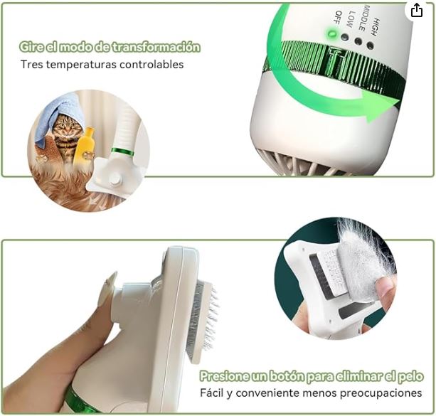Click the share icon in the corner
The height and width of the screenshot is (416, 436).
pos(417,10)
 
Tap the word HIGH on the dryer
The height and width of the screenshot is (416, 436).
pos(376,27)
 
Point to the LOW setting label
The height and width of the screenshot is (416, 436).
pos(351,19)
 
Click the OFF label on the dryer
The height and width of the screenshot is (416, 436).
pos(339,18)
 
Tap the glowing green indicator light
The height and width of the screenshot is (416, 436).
pos(331,34)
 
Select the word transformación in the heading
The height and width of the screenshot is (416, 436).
pos(156,47)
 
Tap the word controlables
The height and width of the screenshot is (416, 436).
pos(151,64)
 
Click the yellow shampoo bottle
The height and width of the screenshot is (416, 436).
pos(84,146)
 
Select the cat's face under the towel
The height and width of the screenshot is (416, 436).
pos(66,127)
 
